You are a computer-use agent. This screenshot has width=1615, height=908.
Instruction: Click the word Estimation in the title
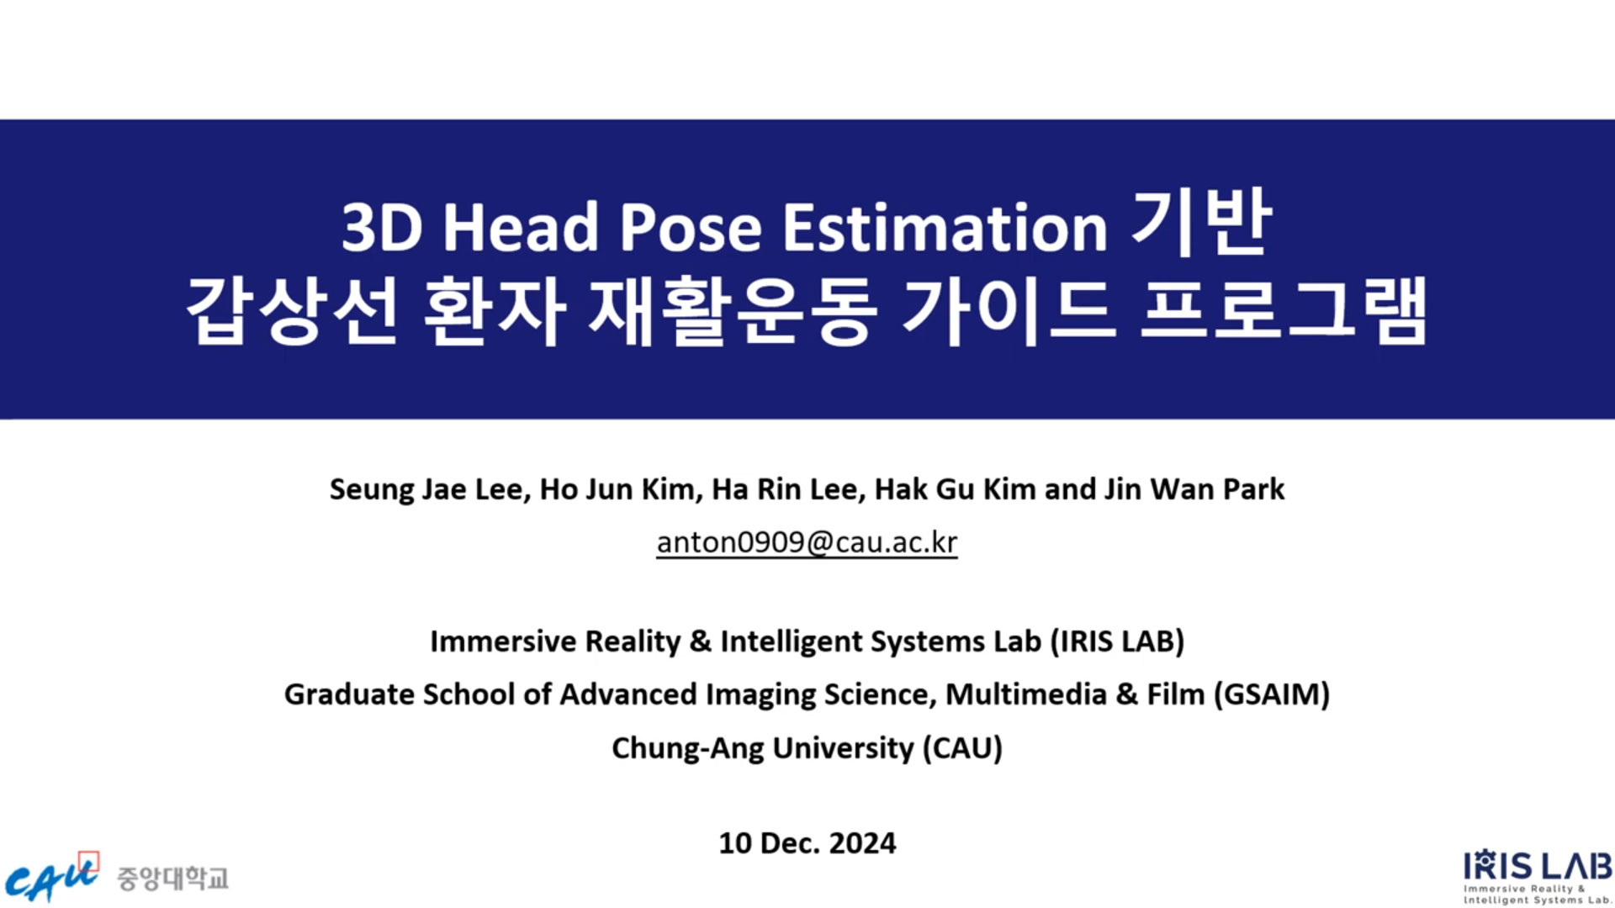click(x=945, y=227)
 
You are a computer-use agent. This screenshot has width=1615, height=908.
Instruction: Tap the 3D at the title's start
click(x=382, y=227)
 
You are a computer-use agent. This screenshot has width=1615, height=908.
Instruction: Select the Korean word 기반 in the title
click(x=1201, y=222)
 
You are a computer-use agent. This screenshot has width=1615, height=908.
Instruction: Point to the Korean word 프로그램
click(x=1284, y=310)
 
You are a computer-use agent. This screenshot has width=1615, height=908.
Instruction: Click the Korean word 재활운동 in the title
click(x=733, y=310)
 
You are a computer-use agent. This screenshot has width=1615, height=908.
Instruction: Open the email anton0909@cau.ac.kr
click(x=807, y=542)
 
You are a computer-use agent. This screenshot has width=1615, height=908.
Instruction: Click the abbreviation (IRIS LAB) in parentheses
click(x=1117, y=641)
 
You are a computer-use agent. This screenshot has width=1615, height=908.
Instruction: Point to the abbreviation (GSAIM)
click(x=1272, y=694)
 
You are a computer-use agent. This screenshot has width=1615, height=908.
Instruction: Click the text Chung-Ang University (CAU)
click(x=807, y=748)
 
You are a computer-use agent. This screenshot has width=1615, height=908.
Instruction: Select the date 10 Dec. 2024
click(x=807, y=843)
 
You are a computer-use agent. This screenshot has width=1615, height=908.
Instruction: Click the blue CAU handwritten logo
click(x=52, y=878)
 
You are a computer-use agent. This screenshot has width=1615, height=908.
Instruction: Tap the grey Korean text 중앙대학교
click(x=172, y=879)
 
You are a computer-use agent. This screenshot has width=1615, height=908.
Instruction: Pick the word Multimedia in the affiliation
click(x=1026, y=694)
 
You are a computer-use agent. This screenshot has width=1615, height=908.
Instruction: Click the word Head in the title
click(x=521, y=227)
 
